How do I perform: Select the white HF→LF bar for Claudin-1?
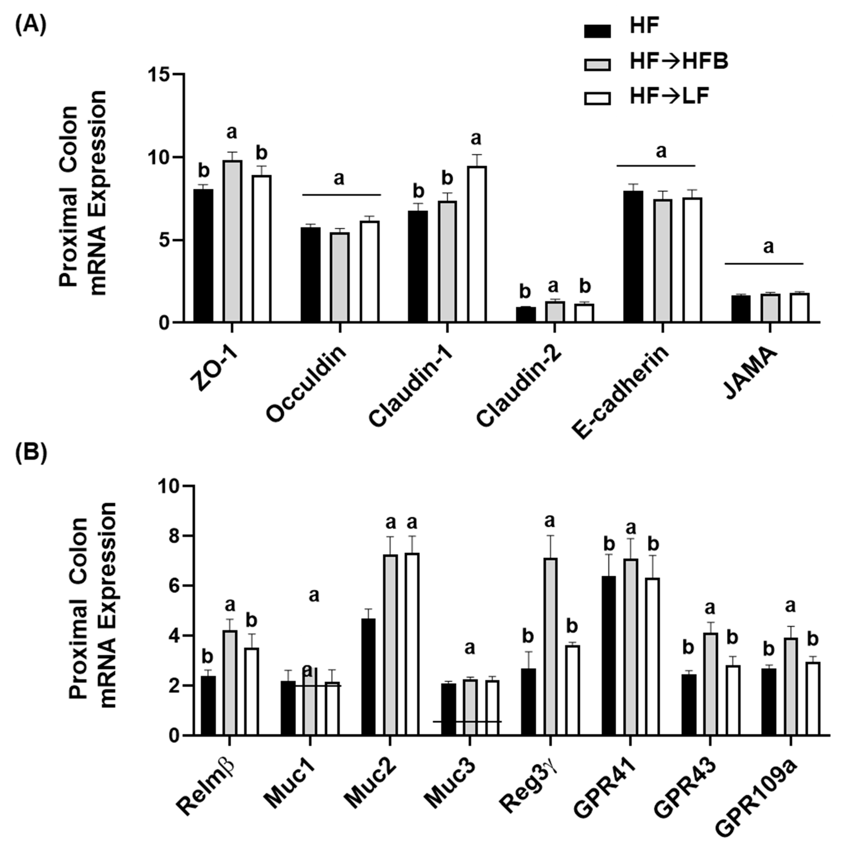click(x=477, y=244)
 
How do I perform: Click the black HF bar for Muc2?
click(x=369, y=677)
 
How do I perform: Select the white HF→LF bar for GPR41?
click(x=652, y=657)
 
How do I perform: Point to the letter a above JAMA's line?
click(x=768, y=247)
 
